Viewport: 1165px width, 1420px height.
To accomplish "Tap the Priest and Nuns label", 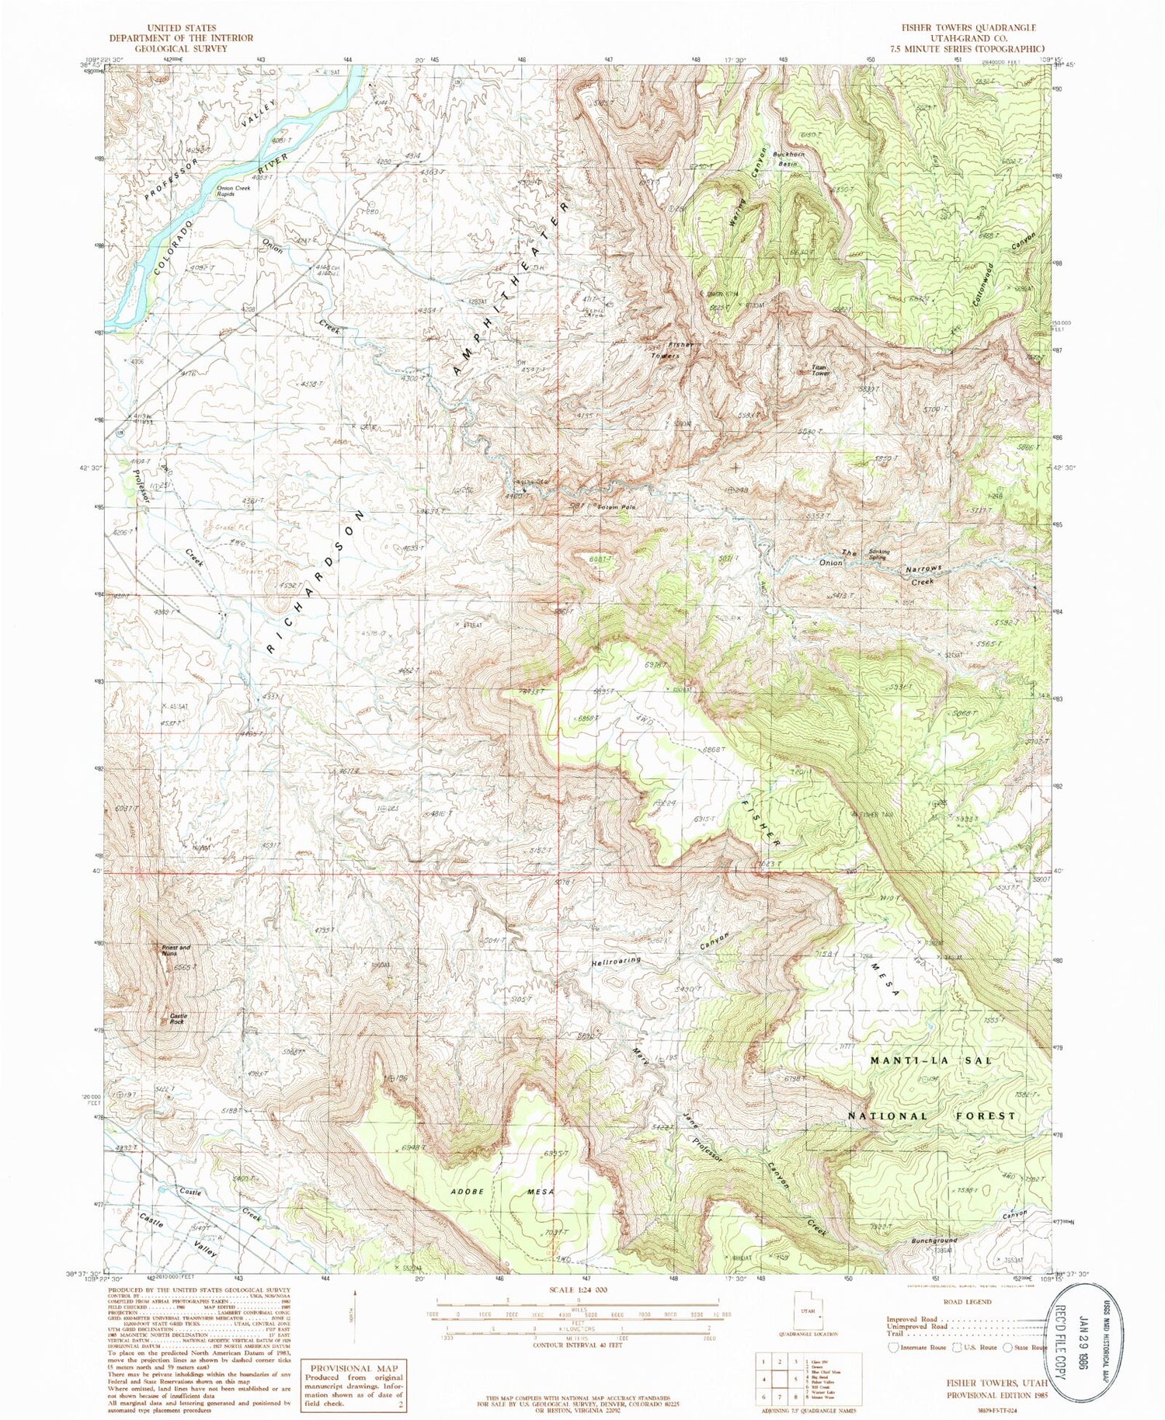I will [176, 951].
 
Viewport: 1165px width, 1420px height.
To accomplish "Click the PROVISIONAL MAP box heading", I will [353, 1368].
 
